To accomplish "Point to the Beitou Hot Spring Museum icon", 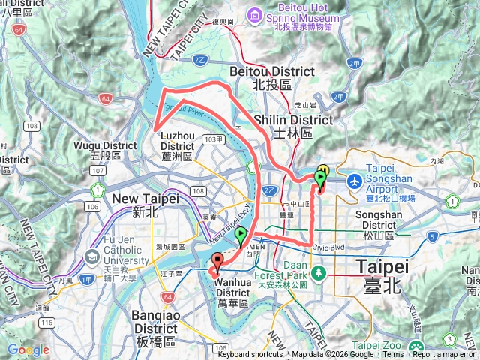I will coord(256,14).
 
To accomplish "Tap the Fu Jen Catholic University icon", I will coord(92,256).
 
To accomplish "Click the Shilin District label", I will coord(293,126).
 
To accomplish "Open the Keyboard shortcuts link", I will coord(250,355).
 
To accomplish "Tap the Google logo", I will coord(28,349).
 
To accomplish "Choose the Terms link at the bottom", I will coord(392,355).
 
